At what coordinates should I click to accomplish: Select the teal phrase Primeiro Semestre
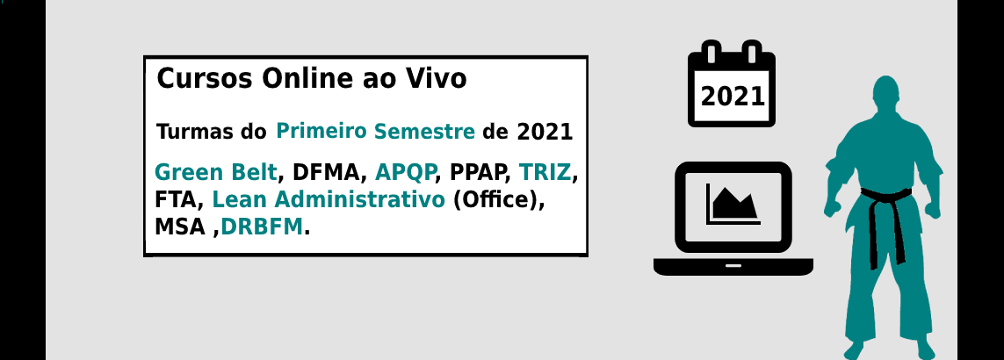pos(375,132)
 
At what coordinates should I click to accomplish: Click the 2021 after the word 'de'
pos(545,132)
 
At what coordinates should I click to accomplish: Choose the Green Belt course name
pos(216,172)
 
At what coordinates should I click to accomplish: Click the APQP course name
pos(405,172)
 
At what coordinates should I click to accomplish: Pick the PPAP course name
pos(475,172)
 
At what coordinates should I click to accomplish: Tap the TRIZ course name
pos(545,172)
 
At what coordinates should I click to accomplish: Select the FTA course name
pos(175,200)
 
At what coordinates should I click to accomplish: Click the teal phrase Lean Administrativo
pos(328,200)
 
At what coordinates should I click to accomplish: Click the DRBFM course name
pos(261,227)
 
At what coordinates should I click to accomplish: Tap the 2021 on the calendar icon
pos(733,97)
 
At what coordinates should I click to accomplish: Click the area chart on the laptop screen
pos(733,204)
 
